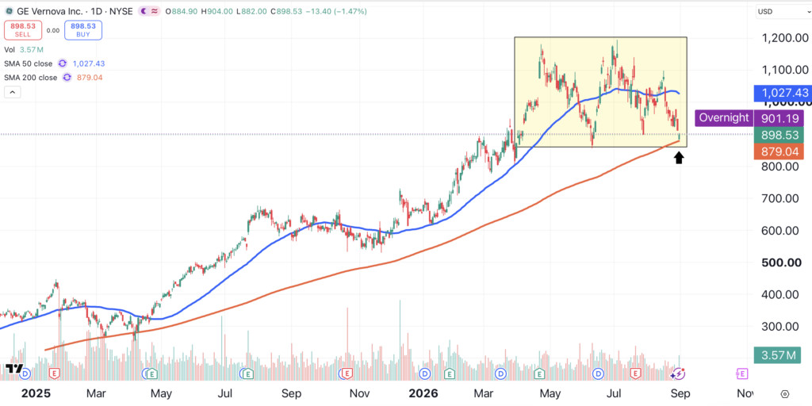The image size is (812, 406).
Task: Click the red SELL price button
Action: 23,30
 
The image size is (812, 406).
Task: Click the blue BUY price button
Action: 83,30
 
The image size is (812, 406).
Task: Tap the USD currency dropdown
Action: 780,11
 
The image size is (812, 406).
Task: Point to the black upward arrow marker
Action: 679,157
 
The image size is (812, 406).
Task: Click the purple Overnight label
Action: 724,117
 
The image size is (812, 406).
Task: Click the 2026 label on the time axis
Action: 423,393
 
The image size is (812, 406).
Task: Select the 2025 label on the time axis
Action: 36,393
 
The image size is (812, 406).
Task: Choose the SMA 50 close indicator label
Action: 28,63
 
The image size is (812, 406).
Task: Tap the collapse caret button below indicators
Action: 13,93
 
